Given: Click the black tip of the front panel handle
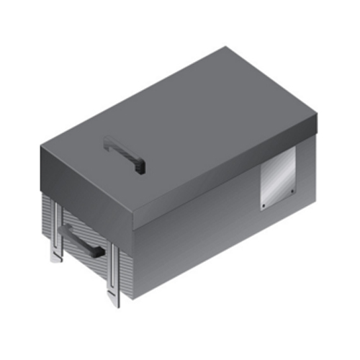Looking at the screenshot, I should click(x=98, y=252).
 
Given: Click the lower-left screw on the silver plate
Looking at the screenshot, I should click(x=264, y=206).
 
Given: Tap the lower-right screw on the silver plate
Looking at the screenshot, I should click(x=293, y=191).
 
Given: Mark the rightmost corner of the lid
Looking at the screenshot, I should click(x=318, y=116).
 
